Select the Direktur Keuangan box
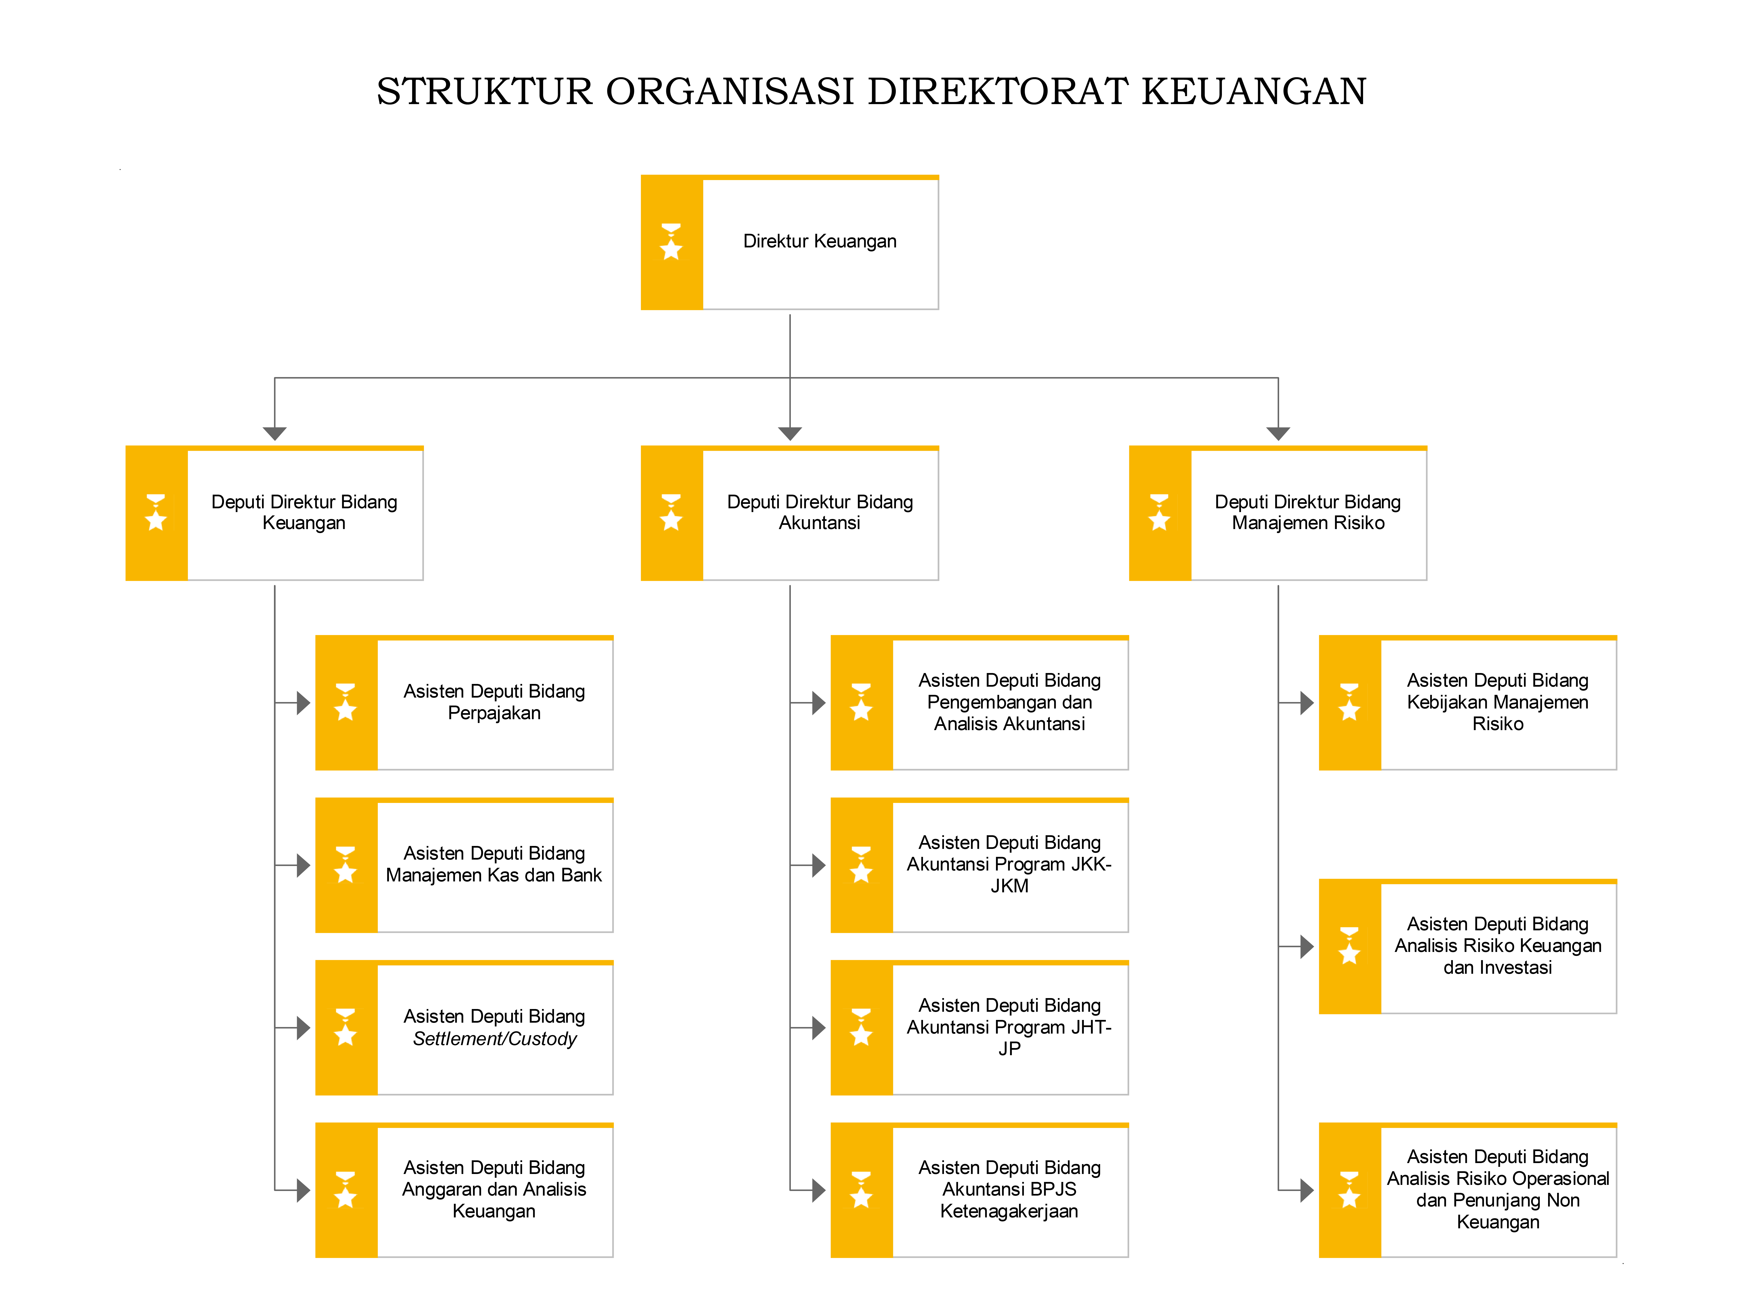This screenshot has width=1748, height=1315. [x=789, y=242]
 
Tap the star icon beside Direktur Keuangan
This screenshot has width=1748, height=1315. [x=671, y=242]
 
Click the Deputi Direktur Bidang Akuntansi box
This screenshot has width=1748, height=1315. [x=789, y=513]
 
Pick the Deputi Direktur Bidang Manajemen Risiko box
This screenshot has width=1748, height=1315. [x=1278, y=513]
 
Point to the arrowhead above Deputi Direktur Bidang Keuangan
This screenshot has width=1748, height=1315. [x=274, y=433]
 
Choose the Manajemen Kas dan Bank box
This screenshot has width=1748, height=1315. [x=464, y=865]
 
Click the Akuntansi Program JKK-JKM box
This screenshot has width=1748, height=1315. [x=979, y=865]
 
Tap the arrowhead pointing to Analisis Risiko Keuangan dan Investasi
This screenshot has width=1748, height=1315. [x=1307, y=946]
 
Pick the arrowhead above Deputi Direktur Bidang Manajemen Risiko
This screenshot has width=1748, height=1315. [x=1278, y=433]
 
